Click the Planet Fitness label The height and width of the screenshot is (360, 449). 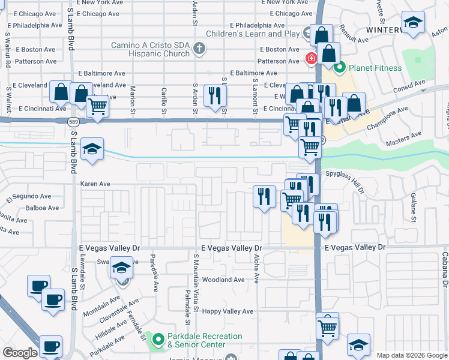[376, 68]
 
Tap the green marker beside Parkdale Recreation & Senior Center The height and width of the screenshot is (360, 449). [158, 340]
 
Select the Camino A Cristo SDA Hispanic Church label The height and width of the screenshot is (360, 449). [151, 49]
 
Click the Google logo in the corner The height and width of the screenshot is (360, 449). [20, 353]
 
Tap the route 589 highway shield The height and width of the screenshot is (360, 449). [73, 121]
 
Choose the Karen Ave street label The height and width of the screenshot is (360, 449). [95, 184]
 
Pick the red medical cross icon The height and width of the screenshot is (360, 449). [311, 59]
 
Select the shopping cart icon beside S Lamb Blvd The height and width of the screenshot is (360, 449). [97, 107]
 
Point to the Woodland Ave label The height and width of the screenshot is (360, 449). [223, 280]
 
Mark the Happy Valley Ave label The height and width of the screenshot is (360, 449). [228, 311]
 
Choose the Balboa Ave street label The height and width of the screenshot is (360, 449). [43, 208]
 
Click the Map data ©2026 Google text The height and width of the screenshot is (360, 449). [411, 355]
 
